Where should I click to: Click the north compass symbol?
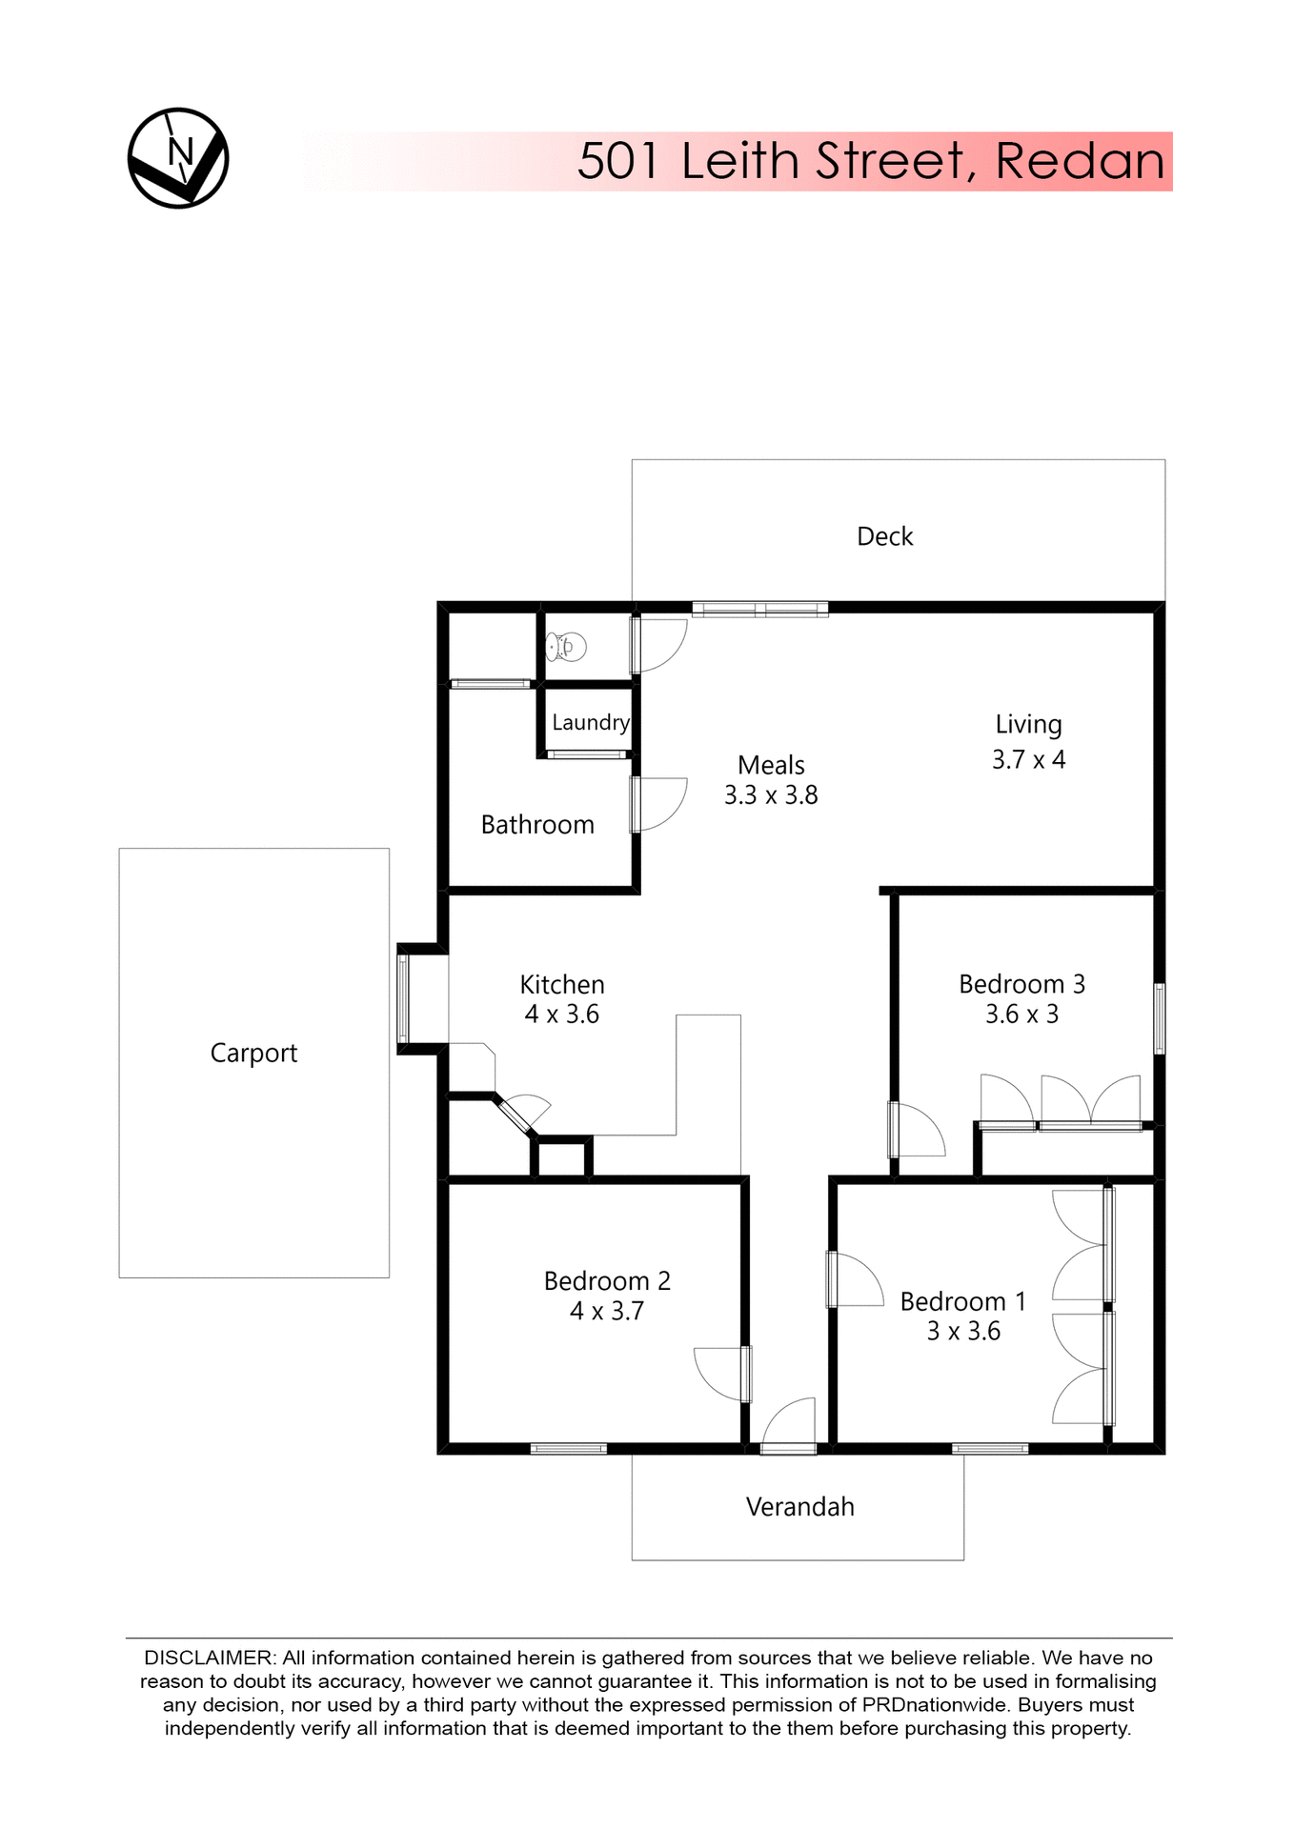(x=178, y=158)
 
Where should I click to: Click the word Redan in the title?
(x=1080, y=161)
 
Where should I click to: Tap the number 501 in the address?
(x=618, y=161)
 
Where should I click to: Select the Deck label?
(x=884, y=537)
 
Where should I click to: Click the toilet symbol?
(x=566, y=647)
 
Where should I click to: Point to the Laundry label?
(x=591, y=723)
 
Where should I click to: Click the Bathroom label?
(x=537, y=825)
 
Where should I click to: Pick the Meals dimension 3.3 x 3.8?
(x=771, y=795)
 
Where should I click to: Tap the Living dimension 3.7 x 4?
(x=1028, y=760)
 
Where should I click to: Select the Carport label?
(x=253, y=1054)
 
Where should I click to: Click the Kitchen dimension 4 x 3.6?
(x=561, y=1015)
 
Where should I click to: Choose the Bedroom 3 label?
(x=1021, y=984)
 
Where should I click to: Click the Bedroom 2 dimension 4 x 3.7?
(x=607, y=1312)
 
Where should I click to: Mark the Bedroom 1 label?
(x=962, y=1301)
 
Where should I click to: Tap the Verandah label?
(x=799, y=1507)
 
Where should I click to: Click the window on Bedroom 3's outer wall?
(x=1159, y=1018)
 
